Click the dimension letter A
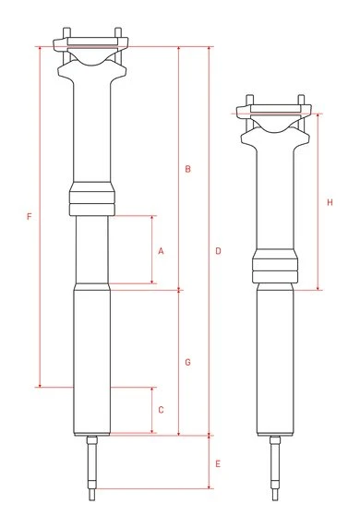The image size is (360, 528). click(161, 250)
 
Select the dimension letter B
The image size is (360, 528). click(187, 169)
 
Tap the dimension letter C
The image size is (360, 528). click(161, 409)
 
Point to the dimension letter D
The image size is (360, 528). click(218, 251)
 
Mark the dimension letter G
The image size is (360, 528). click(187, 362)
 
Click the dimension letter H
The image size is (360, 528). click(330, 202)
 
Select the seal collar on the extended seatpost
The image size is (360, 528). click(91, 198)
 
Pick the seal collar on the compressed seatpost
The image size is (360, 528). click(275, 268)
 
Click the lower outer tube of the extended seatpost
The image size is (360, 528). click(91, 360)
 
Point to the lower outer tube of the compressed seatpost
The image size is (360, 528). click(275, 360)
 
